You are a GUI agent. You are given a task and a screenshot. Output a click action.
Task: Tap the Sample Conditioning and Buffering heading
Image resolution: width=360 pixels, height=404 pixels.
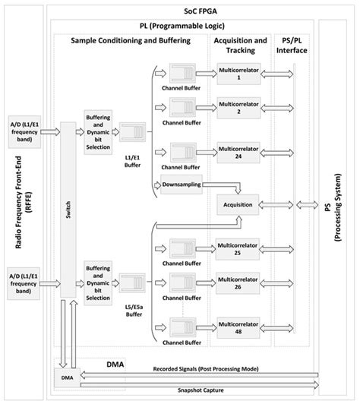(x=131, y=39)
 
